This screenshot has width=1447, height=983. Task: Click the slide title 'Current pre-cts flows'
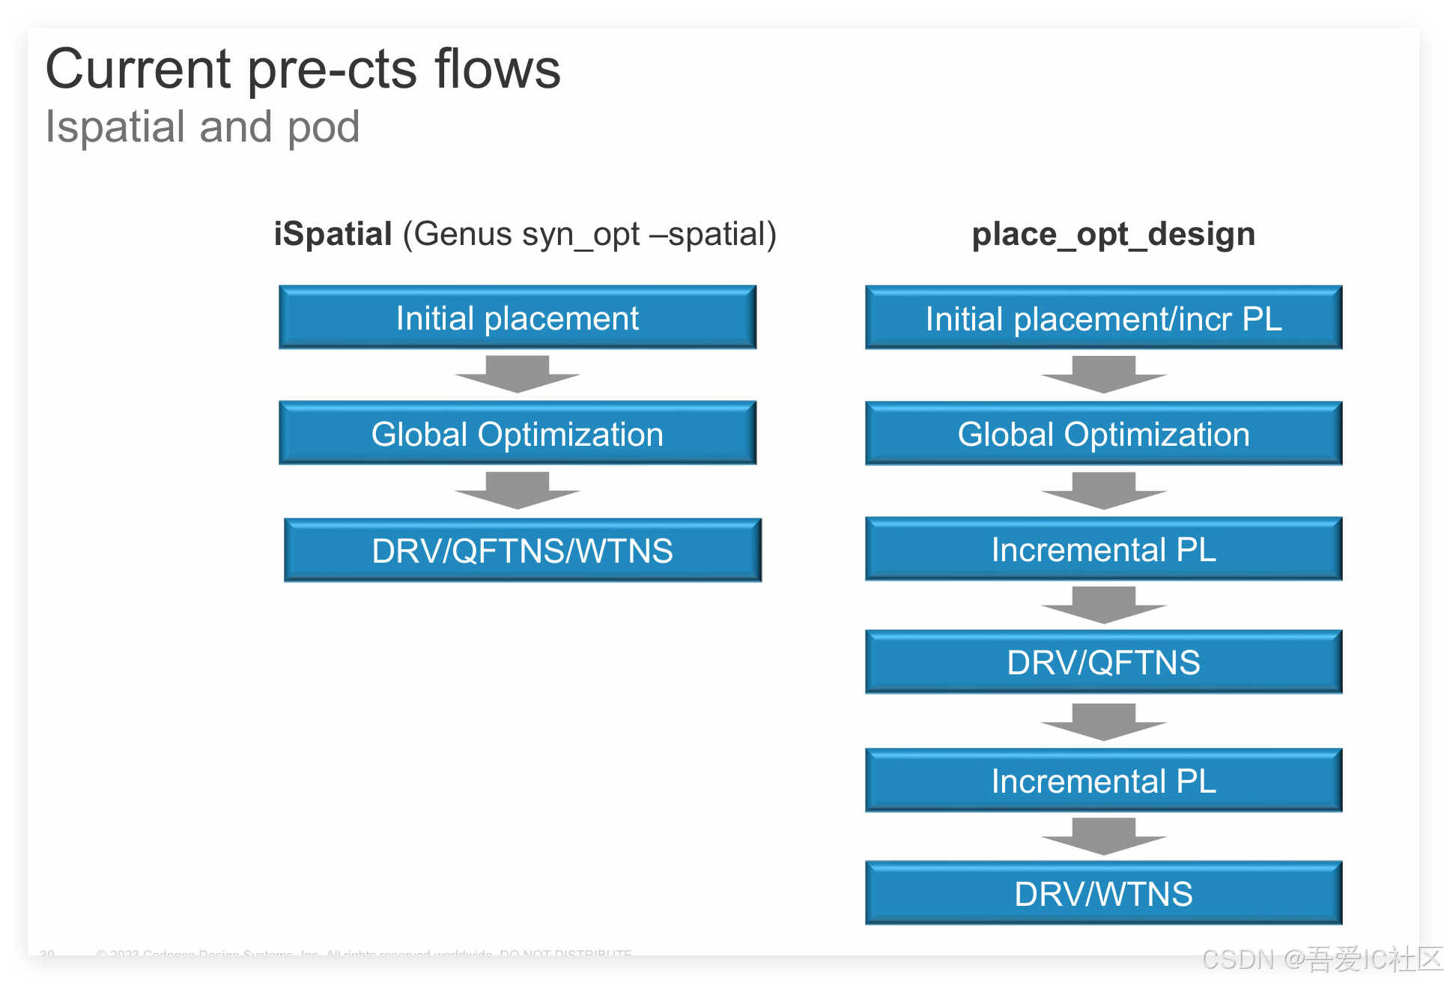coord(303,69)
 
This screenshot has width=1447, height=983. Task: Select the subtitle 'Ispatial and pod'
coord(202,127)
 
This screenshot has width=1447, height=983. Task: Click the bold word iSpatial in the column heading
coord(333,234)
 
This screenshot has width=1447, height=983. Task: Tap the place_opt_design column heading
coord(1113,234)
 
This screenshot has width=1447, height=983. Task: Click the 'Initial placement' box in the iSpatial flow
coord(518,318)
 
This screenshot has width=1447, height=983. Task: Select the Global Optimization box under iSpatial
coord(518,434)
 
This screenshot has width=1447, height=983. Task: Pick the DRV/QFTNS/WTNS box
coord(522,551)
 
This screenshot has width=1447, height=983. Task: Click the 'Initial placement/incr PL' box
coord(1103,318)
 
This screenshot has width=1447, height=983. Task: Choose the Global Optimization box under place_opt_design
coord(1103,434)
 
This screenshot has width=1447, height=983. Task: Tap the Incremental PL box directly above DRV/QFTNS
coord(1103,549)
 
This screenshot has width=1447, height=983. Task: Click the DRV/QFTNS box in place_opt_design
coord(1103,662)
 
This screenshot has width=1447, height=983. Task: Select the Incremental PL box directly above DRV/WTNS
coord(1103,781)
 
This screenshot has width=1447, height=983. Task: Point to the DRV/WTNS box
coord(1103,893)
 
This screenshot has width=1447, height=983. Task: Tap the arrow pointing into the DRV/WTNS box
coord(1103,836)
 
